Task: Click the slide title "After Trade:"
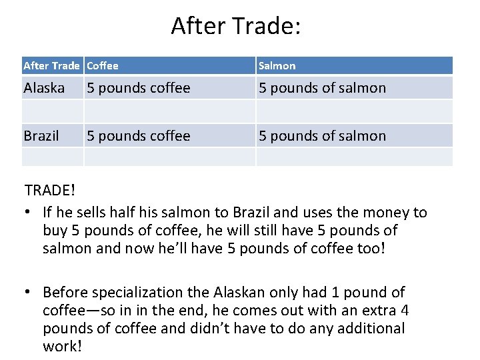point(237,26)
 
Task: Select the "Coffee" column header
point(103,65)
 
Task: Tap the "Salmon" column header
point(277,65)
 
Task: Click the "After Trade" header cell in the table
point(51,65)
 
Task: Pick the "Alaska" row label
point(44,87)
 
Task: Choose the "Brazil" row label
point(41,136)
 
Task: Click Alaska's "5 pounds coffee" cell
point(139,87)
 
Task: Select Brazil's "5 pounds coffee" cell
point(139,136)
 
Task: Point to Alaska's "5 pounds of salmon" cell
point(322,87)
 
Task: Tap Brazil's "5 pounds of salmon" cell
point(322,136)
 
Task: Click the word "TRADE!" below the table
point(49,190)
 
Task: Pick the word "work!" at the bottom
point(63,347)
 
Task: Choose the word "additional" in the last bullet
point(371,329)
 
